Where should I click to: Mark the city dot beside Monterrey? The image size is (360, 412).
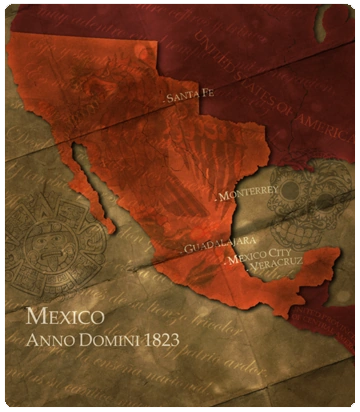[x=212, y=197]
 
